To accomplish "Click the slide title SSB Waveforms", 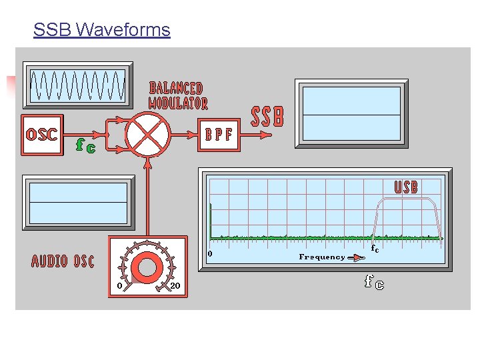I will pos(101,30).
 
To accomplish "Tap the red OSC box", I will pos(42,135).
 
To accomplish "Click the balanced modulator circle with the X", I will pos(147,133).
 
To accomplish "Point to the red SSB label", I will pos(267,117).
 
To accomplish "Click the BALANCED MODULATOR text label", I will pos(177,95).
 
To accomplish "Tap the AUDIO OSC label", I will pos(63,261).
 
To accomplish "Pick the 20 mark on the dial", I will pos(175,286).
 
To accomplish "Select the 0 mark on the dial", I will pos(119,286).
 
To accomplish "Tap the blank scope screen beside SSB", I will pos(351,113).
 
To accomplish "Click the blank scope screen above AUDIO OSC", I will pos(77,202).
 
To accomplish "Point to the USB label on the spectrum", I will pos(406,187).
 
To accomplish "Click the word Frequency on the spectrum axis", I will pos(322,257).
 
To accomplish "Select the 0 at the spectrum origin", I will pos(210,253).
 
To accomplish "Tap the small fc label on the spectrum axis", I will pos(375,249).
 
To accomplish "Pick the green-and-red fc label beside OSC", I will pos(85,145).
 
